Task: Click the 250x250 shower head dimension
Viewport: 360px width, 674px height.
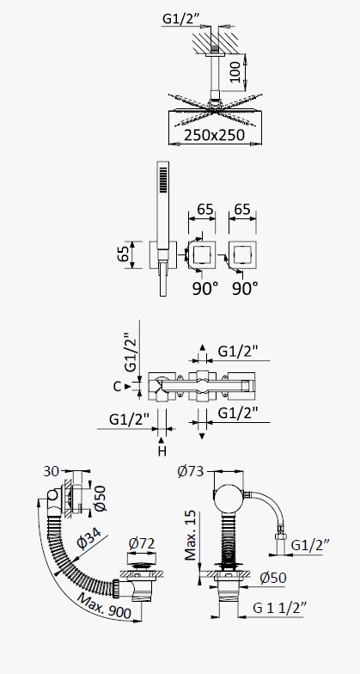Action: [x=215, y=134]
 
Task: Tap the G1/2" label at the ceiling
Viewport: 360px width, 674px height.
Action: [x=181, y=19]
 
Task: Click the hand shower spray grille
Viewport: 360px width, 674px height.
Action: [x=162, y=179]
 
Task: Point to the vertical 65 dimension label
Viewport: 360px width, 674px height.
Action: [x=123, y=255]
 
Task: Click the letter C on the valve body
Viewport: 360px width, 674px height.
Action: [x=117, y=387]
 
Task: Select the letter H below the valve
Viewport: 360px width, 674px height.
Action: [x=162, y=450]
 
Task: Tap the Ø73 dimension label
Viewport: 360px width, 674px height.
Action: [x=190, y=471]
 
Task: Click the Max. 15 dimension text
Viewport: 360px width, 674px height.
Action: [x=191, y=536]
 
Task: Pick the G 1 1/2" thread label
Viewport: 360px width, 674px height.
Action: [x=280, y=607]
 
